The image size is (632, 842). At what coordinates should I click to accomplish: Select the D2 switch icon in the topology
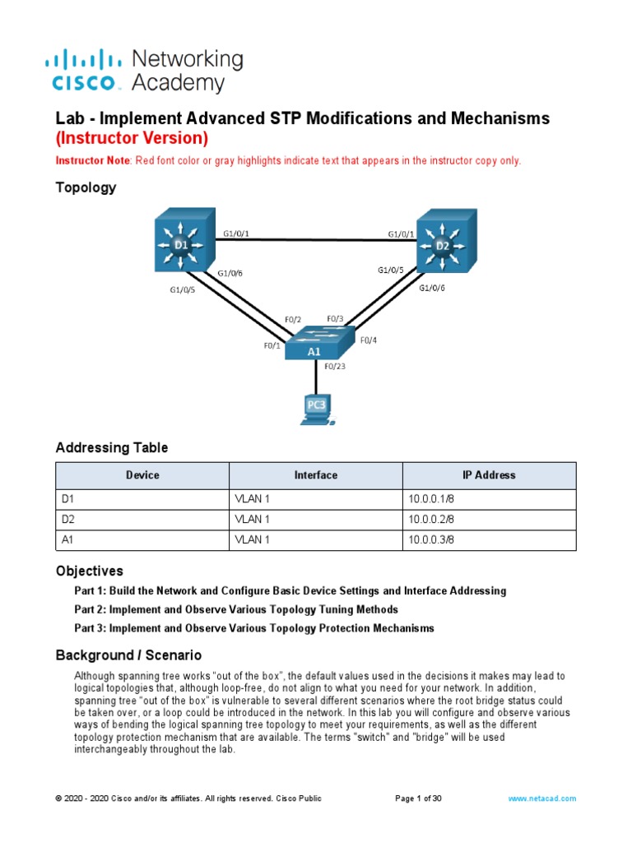point(445,242)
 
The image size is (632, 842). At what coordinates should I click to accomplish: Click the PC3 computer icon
point(315,409)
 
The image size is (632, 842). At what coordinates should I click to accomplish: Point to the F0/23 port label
point(336,367)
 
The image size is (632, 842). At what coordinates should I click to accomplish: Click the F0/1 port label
point(272,345)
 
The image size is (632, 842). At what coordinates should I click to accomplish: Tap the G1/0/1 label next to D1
point(236,234)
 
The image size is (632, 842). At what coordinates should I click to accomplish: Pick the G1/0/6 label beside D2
point(432,288)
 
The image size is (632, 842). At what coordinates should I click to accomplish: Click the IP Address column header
point(489,475)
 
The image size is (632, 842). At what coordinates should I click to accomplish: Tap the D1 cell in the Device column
point(68,497)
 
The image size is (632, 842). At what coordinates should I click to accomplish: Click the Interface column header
point(315,475)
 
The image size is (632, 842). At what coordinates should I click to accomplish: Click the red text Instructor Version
point(132,138)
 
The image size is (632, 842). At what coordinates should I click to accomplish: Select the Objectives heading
point(89,571)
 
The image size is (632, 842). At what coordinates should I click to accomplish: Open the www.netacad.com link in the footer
point(542,798)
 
